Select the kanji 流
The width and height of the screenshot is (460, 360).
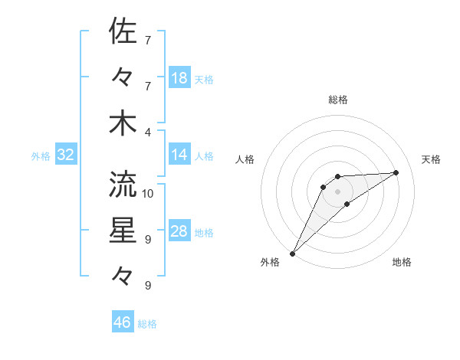coord(123,184)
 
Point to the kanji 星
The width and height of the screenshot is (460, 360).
coord(123,231)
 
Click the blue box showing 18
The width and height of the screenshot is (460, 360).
coord(179,78)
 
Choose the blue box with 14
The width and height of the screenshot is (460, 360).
coord(179,155)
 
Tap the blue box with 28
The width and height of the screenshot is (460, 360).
coord(179,231)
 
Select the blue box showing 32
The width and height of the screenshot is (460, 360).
coord(66,155)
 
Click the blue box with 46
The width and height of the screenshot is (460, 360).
coord(123,322)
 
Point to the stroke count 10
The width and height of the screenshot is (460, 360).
coord(148,193)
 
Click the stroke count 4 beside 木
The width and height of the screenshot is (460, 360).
coord(148,132)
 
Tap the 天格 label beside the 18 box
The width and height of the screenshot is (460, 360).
coord(204,80)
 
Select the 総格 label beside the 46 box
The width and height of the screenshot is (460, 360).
coord(147,324)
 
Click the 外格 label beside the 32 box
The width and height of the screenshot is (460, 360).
coord(41,156)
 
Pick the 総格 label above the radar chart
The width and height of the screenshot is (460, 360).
coord(338,100)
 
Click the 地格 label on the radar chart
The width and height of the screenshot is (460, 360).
coord(402,263)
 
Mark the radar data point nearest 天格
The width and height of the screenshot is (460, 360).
coord(396,172)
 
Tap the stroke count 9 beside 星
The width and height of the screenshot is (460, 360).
coord(148,240)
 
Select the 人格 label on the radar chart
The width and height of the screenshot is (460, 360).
coord(245,159)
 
